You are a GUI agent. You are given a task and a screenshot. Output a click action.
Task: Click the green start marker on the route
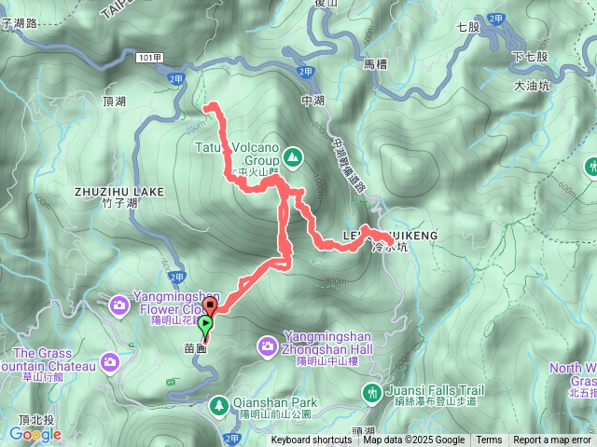pos(205,324)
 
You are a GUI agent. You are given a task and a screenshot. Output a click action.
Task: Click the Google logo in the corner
pos(35,434)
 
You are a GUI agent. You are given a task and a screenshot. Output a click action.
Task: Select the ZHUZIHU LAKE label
pos(119,192)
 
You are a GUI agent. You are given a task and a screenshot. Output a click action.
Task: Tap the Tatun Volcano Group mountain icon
pos(293,157)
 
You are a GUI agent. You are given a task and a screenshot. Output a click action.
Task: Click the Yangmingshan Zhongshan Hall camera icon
pos(267,347)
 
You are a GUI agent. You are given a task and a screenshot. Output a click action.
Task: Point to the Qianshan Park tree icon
pos(218,405)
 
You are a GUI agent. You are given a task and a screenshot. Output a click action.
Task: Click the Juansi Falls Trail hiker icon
pos(373,393)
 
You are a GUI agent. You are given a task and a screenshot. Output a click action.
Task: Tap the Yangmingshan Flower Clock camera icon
pos(119,305)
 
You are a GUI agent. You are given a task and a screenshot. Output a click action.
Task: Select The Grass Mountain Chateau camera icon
pos(110,360)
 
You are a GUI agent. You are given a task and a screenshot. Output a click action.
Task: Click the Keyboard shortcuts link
pos(312,440)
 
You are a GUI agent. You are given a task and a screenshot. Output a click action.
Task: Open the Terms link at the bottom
pos(489,440)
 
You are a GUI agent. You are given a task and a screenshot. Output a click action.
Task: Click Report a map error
pos(552,440)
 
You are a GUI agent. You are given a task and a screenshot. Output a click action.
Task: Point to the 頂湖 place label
pos(111,101)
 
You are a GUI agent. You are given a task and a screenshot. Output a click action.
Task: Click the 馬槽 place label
pos(374,64)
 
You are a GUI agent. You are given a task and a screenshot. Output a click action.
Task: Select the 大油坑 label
pos(533,85)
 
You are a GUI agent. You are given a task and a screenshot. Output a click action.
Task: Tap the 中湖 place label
pos(312,101)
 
